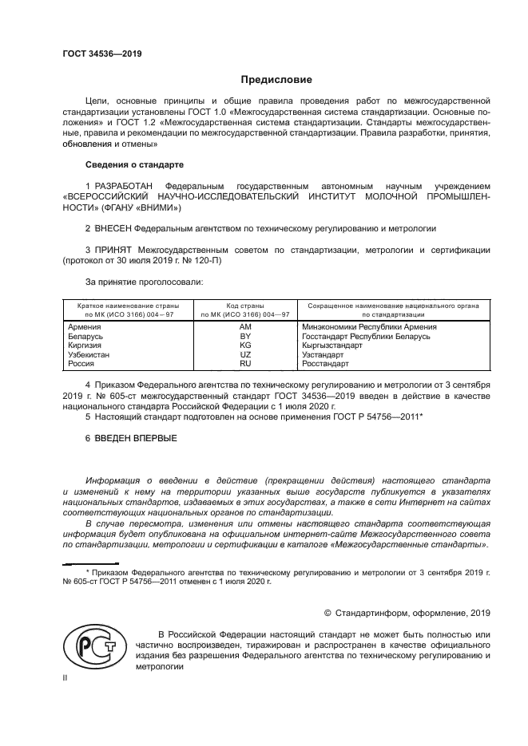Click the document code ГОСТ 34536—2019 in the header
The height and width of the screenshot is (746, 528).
tap(101, 54)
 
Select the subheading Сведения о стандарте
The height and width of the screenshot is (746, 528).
tap(134, 164)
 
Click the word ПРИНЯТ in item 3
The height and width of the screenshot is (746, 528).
tap(113, 249)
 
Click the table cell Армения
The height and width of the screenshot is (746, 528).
tap(85, 327)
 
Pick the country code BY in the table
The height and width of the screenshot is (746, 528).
tap(245, 337)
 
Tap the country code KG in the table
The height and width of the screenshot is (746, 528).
tap(245, 345)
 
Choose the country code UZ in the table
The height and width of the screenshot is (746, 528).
tap(245, 354)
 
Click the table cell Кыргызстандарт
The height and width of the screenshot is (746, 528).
tap(333, 345)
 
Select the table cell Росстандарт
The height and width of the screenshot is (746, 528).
tap(325, 364)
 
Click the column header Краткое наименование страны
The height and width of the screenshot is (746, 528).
tap(128, 306)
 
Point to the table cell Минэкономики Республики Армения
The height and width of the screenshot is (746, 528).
tap(369, 327)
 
